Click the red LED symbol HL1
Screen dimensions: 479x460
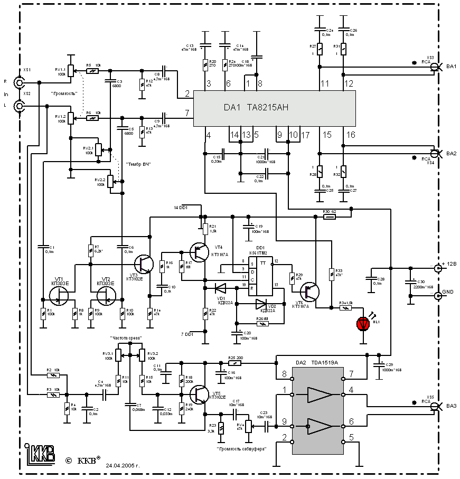coord(363,323)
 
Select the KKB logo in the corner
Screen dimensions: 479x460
coord(41,453)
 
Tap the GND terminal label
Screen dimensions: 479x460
coord(447,292)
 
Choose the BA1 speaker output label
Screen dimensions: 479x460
coord(450,66)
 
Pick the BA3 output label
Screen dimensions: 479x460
coord(450,406)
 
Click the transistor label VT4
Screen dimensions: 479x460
coord(218,247)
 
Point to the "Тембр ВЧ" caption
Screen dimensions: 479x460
coord(138,165)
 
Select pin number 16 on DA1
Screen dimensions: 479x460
coord(350,135)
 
